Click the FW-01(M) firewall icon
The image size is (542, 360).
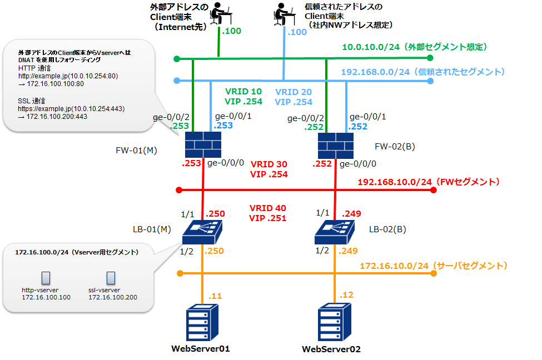pos(202,146)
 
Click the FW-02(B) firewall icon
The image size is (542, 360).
pos(336,146)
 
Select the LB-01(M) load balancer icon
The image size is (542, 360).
pos(203,231)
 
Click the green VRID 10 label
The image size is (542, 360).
pos(243,92)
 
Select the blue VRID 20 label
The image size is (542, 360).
pos(294,92)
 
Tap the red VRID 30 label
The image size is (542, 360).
pos(269,164)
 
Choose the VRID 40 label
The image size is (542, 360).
pos(268,208)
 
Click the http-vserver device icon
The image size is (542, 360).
pos(46,278)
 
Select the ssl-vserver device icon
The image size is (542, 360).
pos(111,278)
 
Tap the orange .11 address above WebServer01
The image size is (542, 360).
pos(215,296)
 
